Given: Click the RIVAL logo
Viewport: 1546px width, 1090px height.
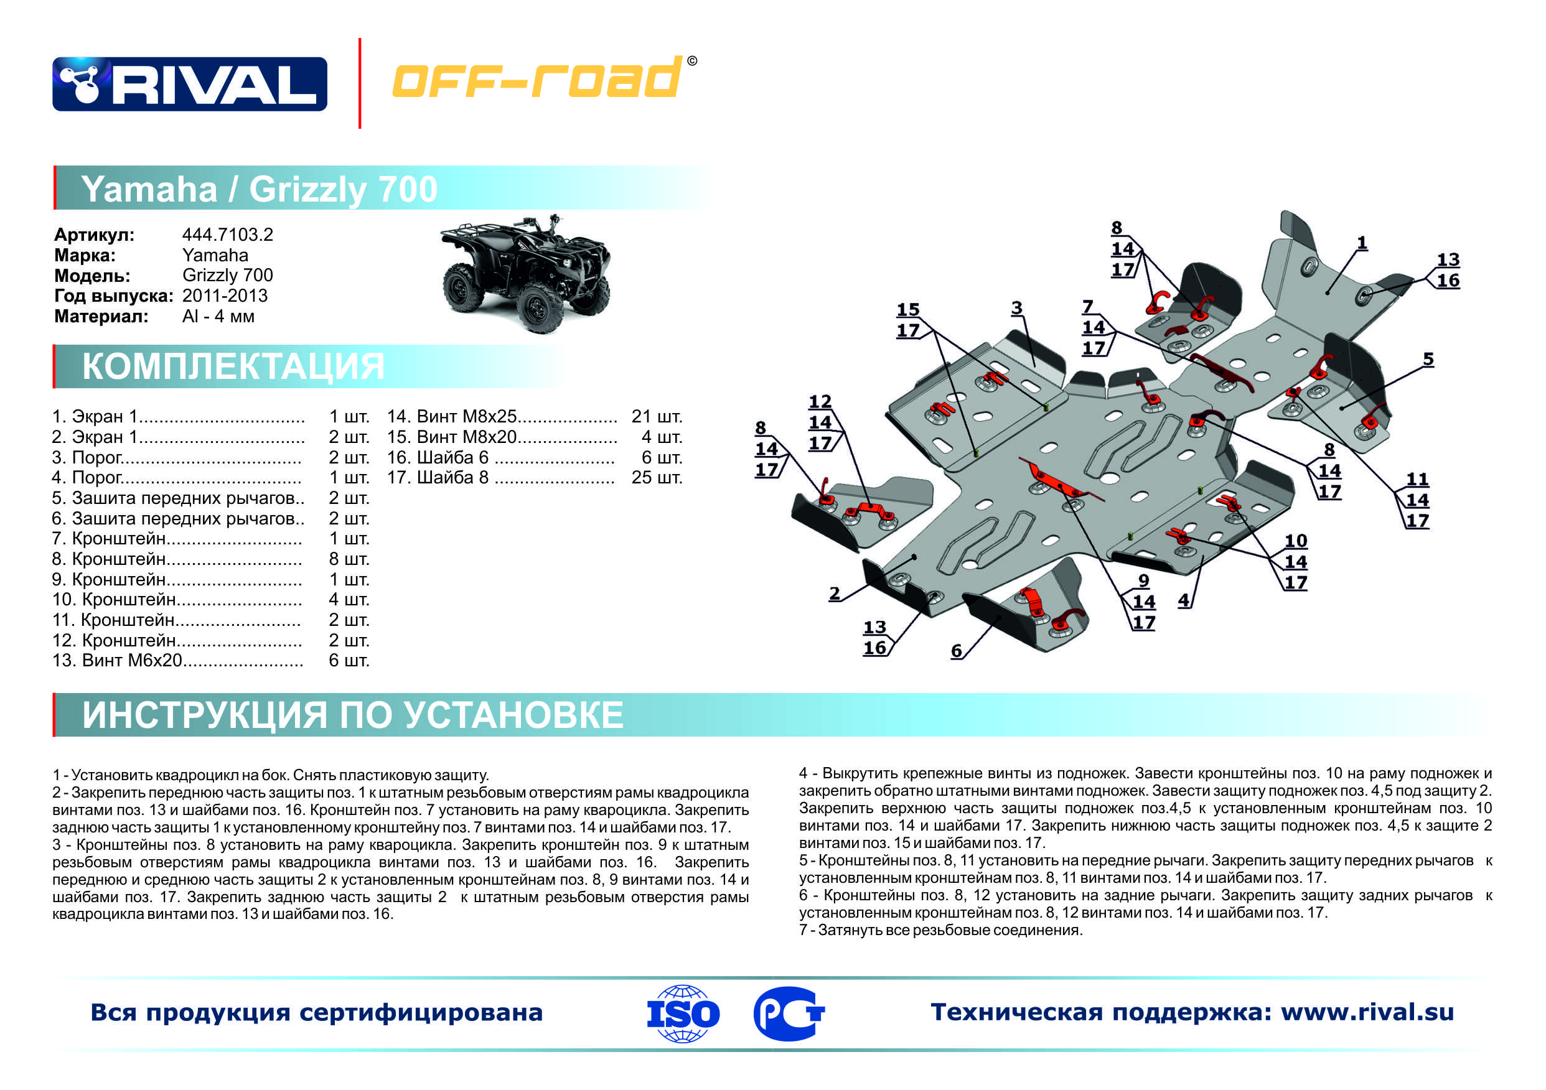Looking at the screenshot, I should click(x=189, y=84).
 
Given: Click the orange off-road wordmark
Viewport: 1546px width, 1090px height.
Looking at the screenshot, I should click(x=536, y=78).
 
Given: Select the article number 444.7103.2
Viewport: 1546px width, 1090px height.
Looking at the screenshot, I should click(x=228, y=235).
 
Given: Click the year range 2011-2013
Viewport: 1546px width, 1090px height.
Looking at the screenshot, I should click(x=225, y=296).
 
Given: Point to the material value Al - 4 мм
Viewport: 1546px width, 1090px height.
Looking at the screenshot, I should click(x=218, y=316).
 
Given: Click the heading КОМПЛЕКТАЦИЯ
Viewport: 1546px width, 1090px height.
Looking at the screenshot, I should click(x=233, y=366).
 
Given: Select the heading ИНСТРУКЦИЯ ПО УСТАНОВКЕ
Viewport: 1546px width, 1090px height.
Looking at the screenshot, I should click(x=352, y=714).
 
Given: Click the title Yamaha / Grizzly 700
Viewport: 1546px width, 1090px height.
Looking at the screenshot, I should click(x=260, y=189).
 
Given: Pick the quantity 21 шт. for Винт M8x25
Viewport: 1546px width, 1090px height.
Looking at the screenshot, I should click(x=657, y=416).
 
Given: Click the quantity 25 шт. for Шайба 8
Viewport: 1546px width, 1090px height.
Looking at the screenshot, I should click(x=657, y=477).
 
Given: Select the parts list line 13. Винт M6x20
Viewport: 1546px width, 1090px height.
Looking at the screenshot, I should click(x=177, y=661).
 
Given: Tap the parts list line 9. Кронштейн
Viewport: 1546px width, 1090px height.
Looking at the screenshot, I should click(x=177, y=579).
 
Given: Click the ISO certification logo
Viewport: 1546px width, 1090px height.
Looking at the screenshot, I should click(x=682, y=1013).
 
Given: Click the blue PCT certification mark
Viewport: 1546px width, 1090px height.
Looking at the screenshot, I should click(x=789, y=1013).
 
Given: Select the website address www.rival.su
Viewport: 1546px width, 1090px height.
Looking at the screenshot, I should click(x=1367, y=1012).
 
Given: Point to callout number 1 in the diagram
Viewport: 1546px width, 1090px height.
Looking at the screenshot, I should click(x=1362, y=243).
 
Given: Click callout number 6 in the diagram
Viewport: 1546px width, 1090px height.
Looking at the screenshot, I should click(x=955, y=651).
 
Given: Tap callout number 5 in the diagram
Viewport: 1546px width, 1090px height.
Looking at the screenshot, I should click(x=1428, y=359).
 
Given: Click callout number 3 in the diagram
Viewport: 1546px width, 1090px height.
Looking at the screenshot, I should click(x=1016, y=308).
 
